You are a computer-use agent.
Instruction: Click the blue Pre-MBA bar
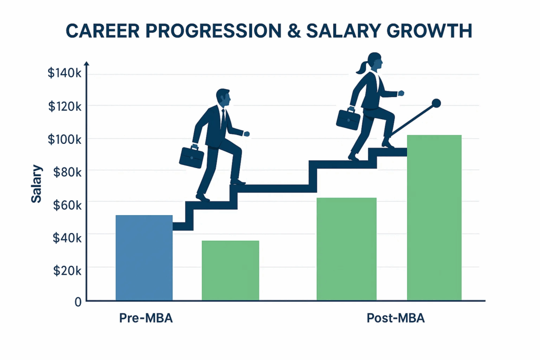(144, 258)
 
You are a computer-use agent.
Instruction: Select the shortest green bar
(230, 270)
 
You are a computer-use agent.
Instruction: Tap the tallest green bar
(435, 218)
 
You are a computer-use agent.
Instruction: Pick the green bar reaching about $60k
(346, 249)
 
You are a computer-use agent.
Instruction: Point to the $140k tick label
(65, 73)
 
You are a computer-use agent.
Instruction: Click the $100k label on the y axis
(65, 139)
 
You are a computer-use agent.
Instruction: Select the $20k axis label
(67, 271)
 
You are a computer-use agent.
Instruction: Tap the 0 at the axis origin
(78, 302)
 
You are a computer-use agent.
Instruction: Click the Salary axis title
(36, 184)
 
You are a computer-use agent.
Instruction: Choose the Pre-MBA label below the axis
(146, 318)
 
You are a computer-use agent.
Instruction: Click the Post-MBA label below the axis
(396, 318)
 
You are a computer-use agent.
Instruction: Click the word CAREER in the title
(103, 31)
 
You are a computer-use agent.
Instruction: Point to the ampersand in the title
(294, 31)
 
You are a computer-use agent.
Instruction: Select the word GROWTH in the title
(429, 31)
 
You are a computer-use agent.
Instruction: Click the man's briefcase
(192, 157)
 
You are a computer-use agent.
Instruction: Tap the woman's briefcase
(348, 119)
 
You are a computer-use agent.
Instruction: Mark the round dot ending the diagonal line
(436, 103)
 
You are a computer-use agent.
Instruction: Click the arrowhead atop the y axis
(87, 64)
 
